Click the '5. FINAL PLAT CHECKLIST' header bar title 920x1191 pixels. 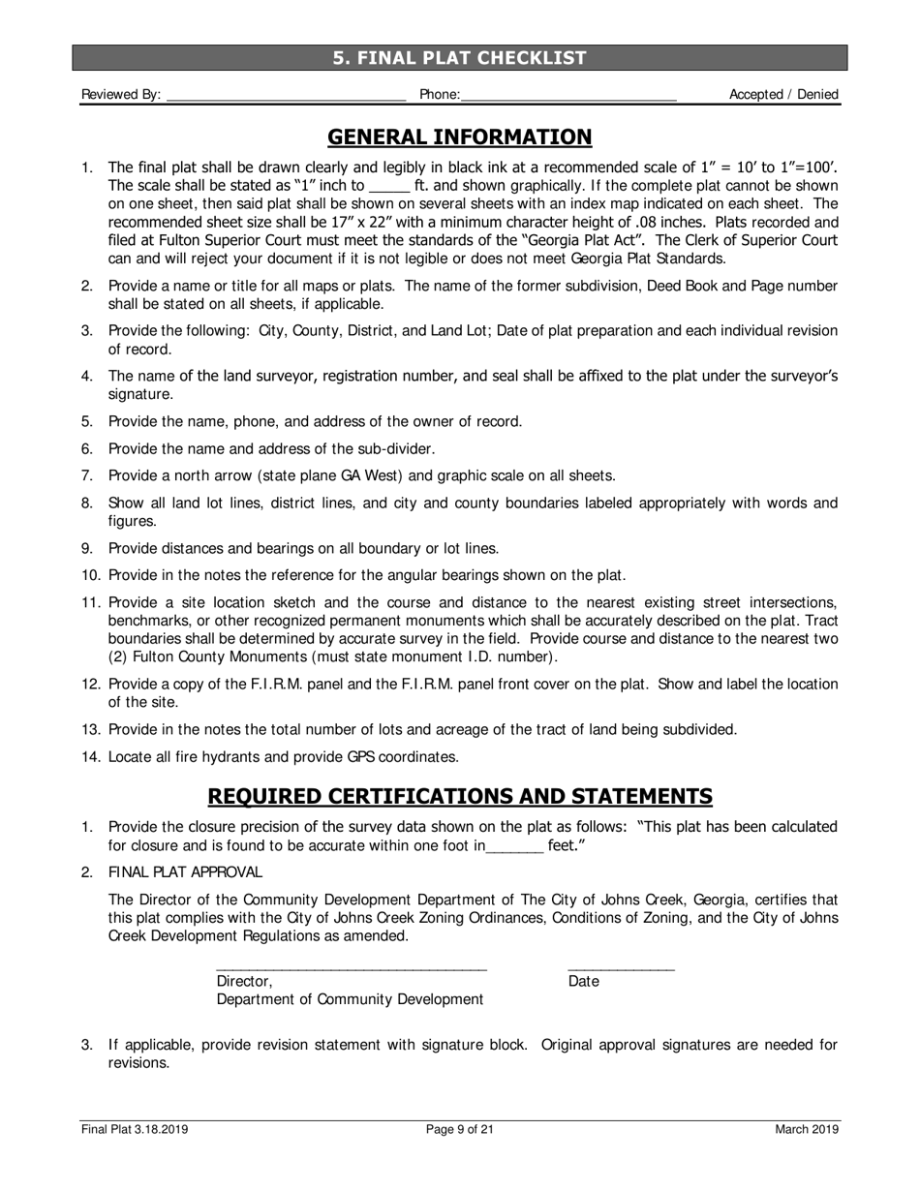(460, 58)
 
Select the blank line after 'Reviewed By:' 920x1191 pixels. (286, 97)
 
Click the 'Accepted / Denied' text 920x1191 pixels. (783, 95)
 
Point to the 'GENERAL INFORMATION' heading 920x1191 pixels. (460, 137)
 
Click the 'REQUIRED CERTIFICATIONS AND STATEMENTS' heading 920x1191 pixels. (460, 797)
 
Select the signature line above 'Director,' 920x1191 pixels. (351, 967)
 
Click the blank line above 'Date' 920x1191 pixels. (621, 967)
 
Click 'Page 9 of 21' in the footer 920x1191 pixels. (460, 1129)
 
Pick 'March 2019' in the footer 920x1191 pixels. (807, 1129)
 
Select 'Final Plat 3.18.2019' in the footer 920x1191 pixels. (135, 1129)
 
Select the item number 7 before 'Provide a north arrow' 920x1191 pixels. (86, 475)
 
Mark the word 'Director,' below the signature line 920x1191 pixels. (244, 982)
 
